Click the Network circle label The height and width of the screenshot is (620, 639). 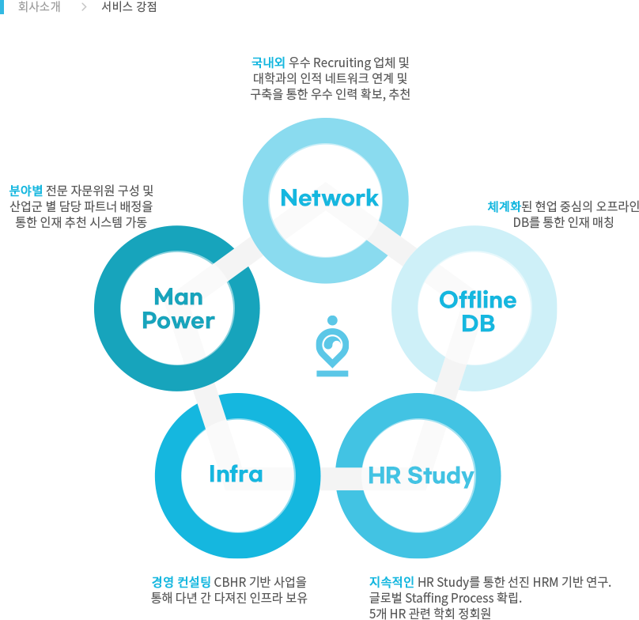tap(329, 198)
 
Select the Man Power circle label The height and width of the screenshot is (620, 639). tap(178, 309)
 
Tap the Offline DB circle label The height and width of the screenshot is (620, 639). tap(478, 312)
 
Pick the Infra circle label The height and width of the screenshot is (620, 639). tap(236, 474)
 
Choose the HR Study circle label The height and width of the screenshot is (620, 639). tap(421, 475)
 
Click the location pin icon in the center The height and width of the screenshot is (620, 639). tap(332, 346)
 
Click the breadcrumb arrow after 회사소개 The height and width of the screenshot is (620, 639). tap(83, 7)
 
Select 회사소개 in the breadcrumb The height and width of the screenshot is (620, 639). tap(39, 7)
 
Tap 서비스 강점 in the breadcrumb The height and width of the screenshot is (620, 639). tap(129, 7)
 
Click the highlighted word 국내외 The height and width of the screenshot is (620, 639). tap(268, 62)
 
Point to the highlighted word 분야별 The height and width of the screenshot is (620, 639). tap(25, 191)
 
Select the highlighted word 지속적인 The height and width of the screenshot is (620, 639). tap(391, 582)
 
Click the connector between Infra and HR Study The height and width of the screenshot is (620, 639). tap(328, 478)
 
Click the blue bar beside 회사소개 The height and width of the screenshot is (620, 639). tap(4, 7)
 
